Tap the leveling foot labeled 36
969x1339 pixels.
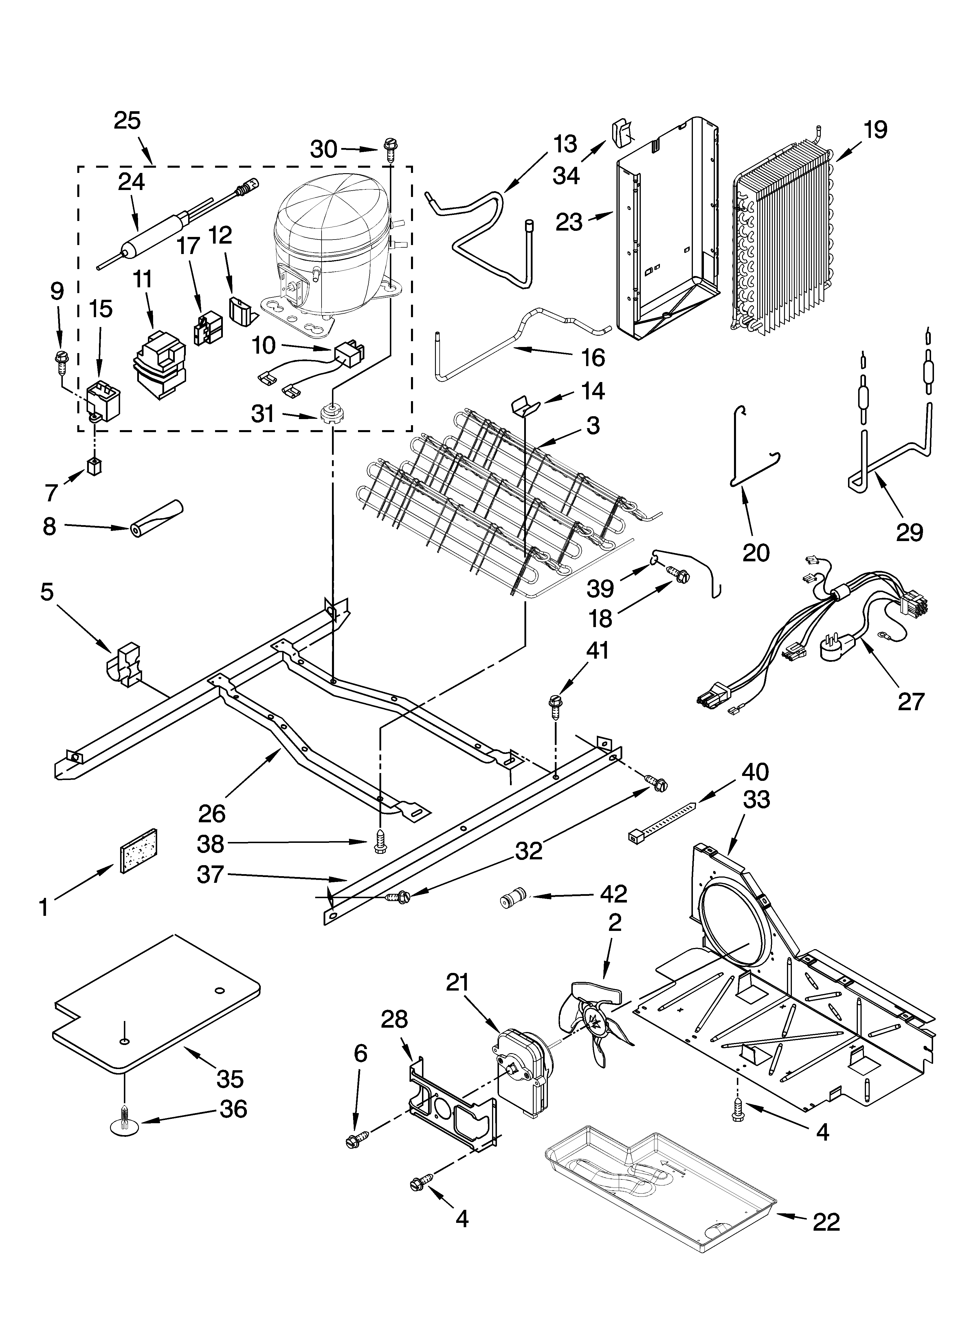124,1125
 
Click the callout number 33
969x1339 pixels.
757,799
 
